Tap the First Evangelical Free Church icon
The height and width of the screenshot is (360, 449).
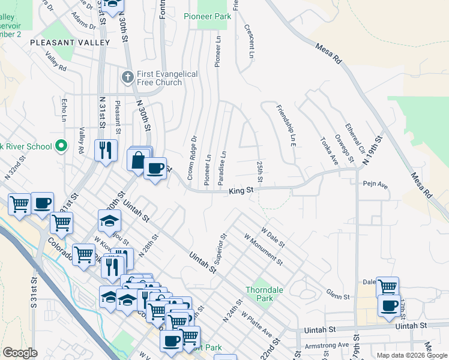point(127,77)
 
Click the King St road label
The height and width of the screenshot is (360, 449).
point(241,190)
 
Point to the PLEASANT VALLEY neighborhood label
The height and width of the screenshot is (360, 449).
point(70,43)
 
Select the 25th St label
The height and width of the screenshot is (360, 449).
point(260,172)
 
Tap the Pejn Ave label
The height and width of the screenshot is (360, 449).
point(375,185)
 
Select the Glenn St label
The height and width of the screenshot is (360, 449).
point(338,296)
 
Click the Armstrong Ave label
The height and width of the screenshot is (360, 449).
point(327,345)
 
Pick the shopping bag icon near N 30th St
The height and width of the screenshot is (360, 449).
point(137,160)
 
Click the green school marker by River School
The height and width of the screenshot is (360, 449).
point(61,146)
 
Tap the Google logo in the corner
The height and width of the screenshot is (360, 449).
point(20,353)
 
